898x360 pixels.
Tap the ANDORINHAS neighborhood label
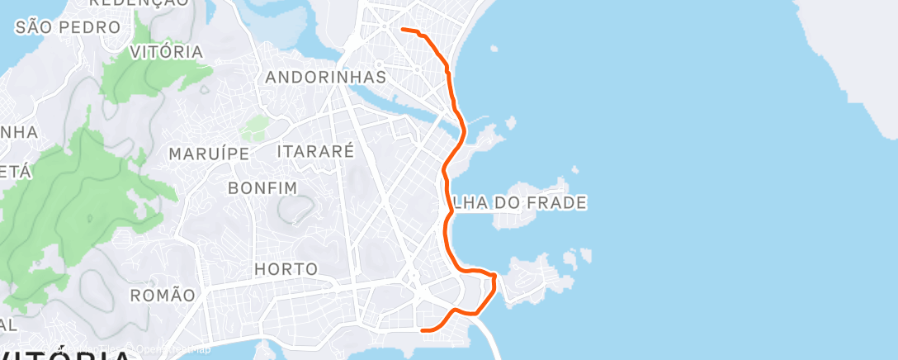(326, 78)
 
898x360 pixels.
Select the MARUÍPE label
(209, 154)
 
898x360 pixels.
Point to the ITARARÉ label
(316, 151)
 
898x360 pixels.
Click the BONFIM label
(262, 188)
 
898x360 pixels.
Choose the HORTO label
(286, 269)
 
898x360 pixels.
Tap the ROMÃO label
(163, 295)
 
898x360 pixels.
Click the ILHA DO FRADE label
(519, 202)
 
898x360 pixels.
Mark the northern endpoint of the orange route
(402, 30)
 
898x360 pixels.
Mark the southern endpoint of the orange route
(423, 330)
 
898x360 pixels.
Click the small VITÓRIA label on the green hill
(167, 52)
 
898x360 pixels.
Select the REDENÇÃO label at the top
(138, 3)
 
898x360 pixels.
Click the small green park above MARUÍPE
(256, 128)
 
